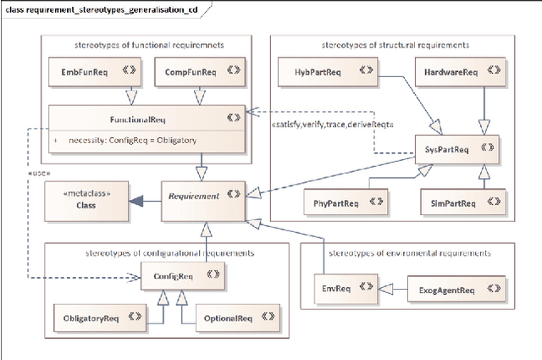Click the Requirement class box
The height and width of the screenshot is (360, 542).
202,196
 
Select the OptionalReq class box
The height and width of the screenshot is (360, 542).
228,318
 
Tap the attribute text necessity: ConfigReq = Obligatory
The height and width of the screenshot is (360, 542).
132,141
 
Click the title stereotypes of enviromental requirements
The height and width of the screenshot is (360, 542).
407,252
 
